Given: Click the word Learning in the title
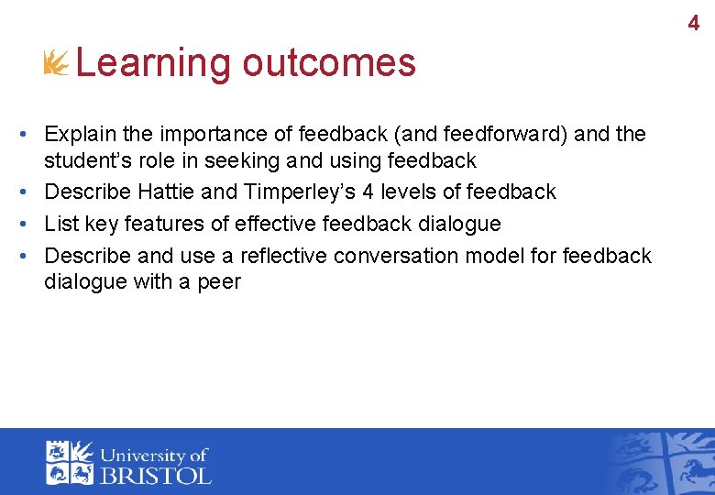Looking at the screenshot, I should pos(153,63).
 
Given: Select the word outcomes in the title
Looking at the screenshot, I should pos(329,63).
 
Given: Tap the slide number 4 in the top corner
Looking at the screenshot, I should pos(693,24).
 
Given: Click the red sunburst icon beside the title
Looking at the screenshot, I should pos(57,63).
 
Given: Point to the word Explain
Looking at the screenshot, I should pos(81,135).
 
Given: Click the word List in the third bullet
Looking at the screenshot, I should pos(60,224).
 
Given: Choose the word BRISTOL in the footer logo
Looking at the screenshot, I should pos(155,474).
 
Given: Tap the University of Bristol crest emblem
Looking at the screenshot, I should pos(71,462).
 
